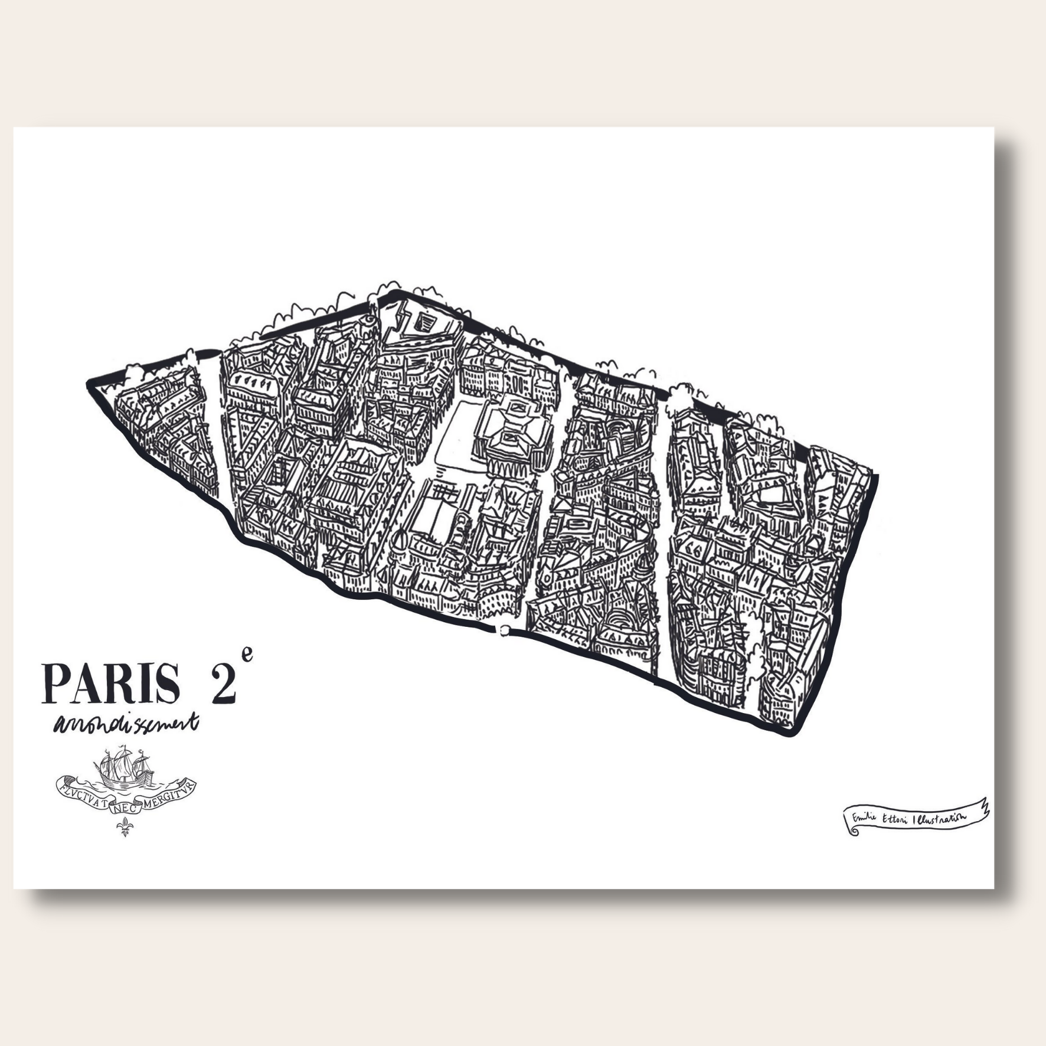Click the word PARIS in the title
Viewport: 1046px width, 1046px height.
110,683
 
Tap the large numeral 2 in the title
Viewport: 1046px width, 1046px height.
220,683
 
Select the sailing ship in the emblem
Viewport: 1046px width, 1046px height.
124,770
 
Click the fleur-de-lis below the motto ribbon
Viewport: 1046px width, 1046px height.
125,830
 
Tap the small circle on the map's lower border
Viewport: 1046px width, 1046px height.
504,631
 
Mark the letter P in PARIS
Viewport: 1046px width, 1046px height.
54,683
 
